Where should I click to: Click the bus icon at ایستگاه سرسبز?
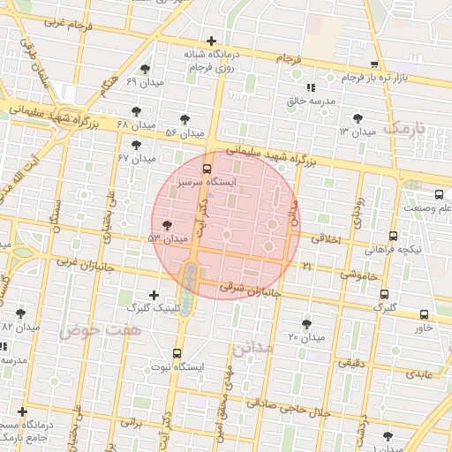point(207,168)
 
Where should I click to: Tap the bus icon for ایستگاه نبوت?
point(177,353)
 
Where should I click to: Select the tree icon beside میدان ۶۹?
point(145,69)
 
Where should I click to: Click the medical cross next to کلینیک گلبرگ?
point(154,295)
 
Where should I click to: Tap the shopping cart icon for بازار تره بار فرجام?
point(374,65)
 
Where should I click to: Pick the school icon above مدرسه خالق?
point(310,87)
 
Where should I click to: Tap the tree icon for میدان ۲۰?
point(306,324)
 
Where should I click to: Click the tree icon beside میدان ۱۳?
point(357,117)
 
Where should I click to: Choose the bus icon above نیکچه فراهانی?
point(393,236)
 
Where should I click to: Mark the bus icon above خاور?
point(424,314)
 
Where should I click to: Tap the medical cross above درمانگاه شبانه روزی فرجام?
point(211,41)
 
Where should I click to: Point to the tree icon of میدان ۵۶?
point(184,119)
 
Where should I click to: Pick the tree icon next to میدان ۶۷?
point(136,144)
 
